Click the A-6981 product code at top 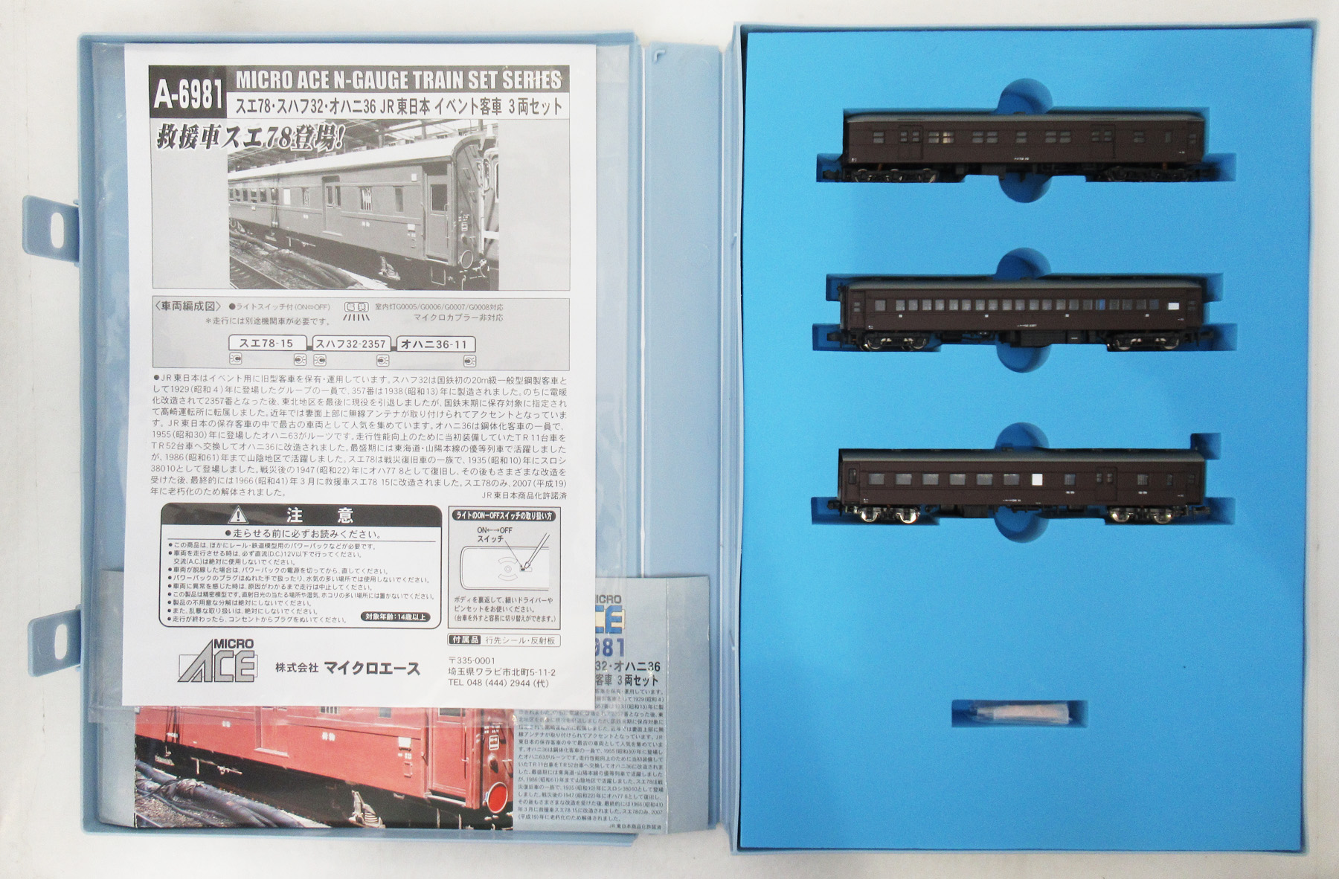(189, 95)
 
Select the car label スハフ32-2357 (350, 344)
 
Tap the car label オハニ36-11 (435, 344)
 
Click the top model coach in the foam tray (1024, 146)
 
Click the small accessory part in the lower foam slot (1018, 713)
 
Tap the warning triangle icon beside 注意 (238, 515)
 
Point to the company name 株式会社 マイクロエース (347, 669)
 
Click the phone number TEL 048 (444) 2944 (498, 683)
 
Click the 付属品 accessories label (466, 640)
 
